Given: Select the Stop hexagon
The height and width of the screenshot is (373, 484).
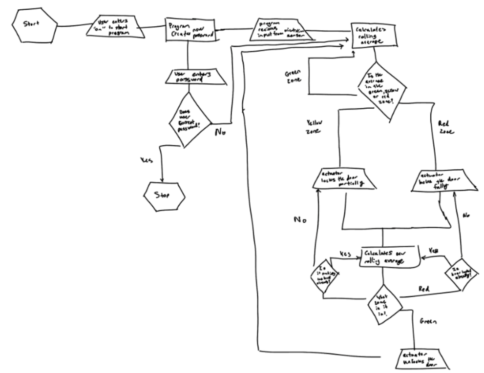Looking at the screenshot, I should [x=164, y=195].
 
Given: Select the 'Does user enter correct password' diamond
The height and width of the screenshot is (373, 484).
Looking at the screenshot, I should [x=190, y=120].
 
